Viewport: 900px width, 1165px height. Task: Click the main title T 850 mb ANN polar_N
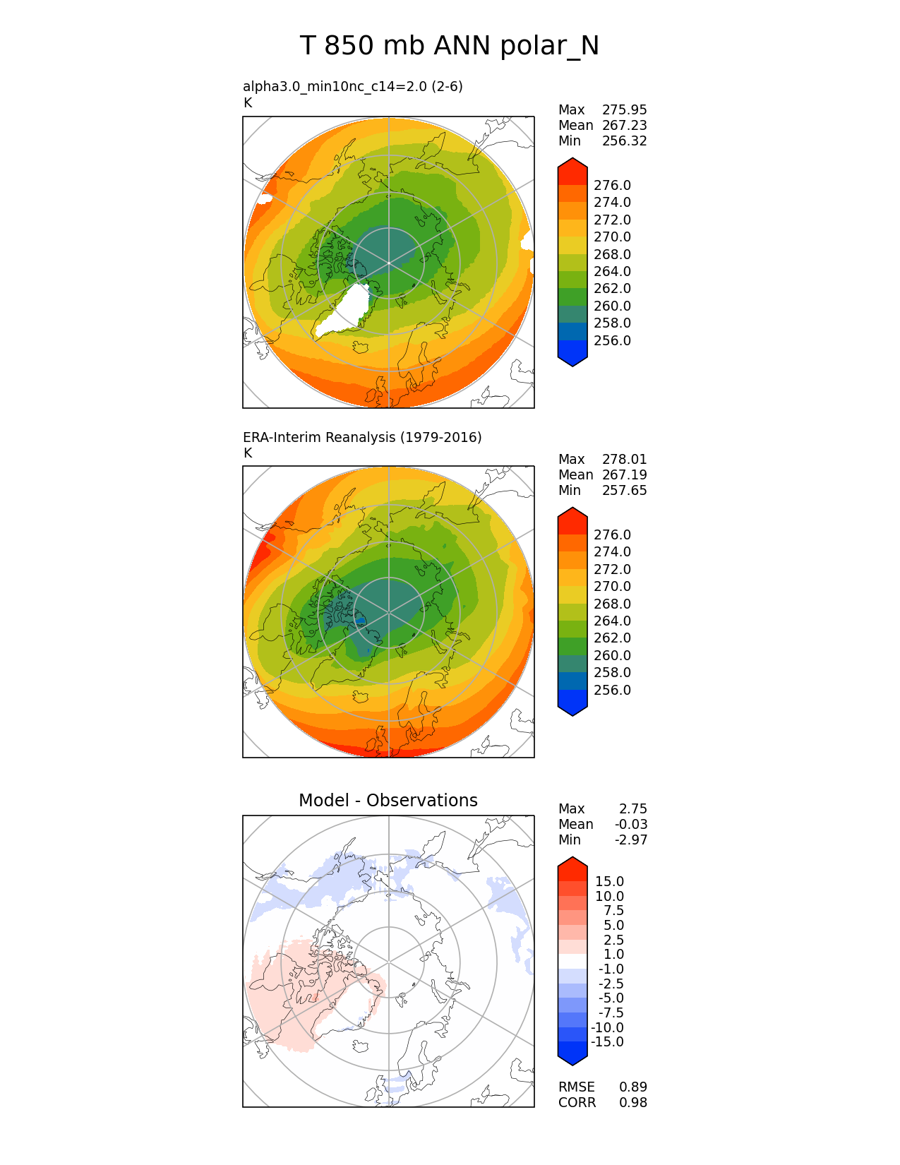[x=450, y=46]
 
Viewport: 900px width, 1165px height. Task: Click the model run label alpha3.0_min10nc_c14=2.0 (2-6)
[x=353, y=86]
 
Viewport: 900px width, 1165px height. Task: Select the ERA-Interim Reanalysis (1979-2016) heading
[x=362, y=437]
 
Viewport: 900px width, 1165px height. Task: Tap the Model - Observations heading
[x=388, y=800]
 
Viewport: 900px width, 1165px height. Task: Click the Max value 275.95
[x=624, y=109]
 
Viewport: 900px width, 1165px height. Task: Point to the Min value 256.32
[x=624, y=141]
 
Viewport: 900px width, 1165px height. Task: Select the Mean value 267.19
[x=624, y=474]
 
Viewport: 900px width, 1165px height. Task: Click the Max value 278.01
[x=624, y=459]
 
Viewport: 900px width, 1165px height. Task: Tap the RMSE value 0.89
[x=632, y=1087]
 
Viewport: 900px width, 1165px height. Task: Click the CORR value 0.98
[x=632, y=1102]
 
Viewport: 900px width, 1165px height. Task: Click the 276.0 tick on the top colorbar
[x=612, y=185]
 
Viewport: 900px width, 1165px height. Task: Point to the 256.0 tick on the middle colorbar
[x=612, y=690]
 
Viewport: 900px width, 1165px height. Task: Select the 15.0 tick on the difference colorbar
[x=609, y=881]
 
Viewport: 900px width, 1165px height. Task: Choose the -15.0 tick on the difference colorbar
[x=607, y=1041]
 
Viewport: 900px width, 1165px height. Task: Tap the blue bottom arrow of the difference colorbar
[x=572, y=1054]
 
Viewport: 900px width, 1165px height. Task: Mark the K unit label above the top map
[x=248, y=103]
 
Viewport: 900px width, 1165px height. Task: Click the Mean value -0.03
[x=631, y=824]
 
